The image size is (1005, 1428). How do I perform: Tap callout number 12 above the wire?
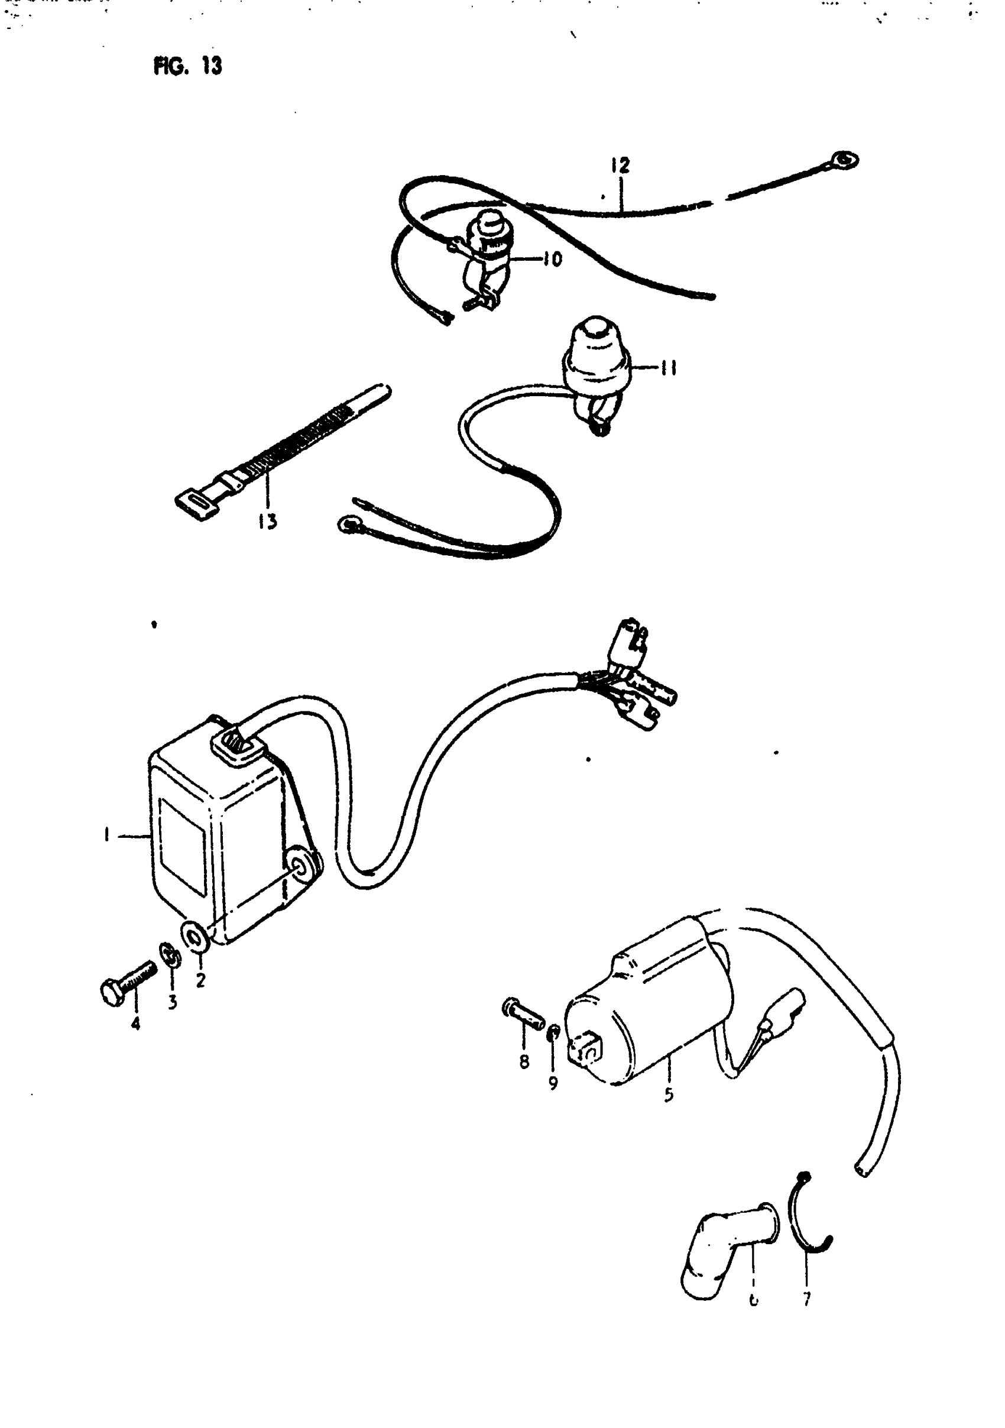point(620,166)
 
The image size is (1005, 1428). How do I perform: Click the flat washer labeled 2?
point(194,935)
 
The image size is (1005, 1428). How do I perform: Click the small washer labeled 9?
point(553,1032)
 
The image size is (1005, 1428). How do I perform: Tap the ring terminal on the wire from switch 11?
point(346,526)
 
